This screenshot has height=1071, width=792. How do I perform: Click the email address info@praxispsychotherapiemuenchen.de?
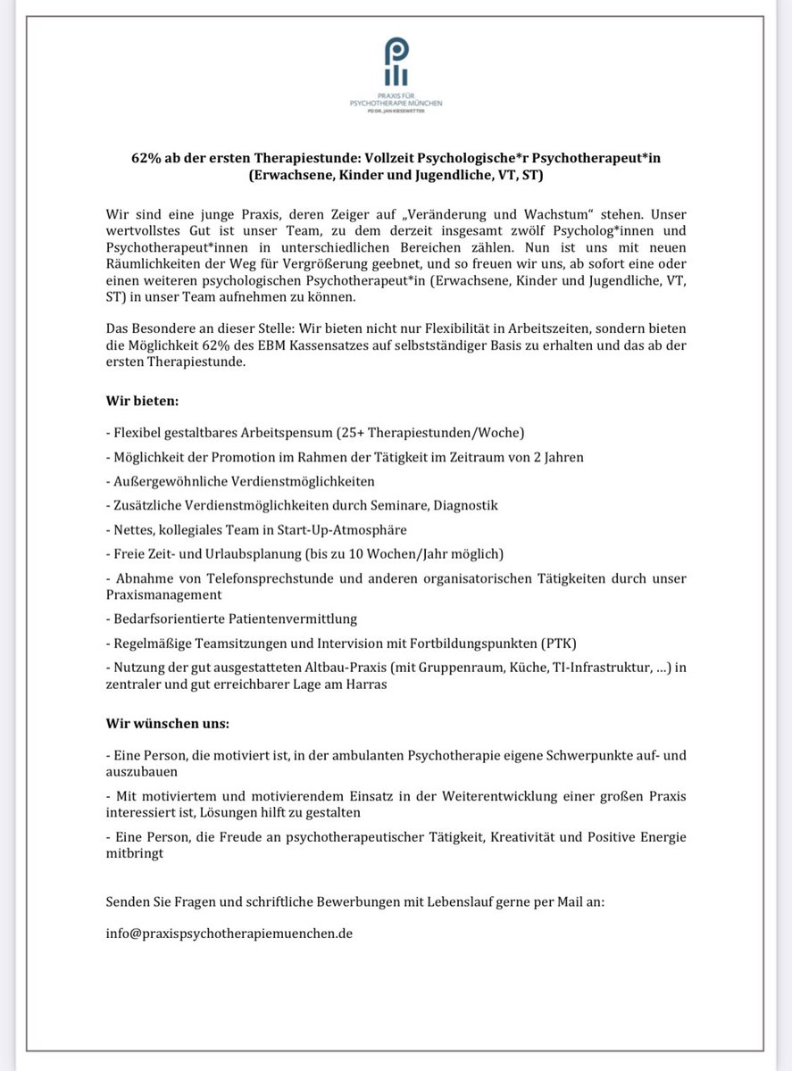point(229,934)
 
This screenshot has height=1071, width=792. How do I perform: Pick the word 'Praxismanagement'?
point(163,594)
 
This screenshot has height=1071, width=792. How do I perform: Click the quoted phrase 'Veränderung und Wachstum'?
point(510,215)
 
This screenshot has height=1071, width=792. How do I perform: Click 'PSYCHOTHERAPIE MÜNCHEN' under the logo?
point(396,103)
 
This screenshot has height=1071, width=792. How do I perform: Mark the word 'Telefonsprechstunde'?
point(236,578)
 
